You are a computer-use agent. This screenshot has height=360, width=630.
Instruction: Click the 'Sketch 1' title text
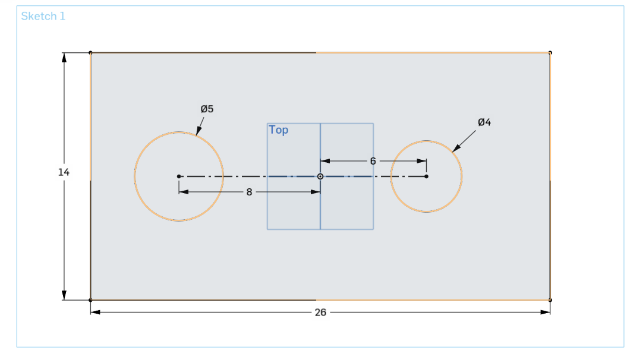click(x=43, y=16)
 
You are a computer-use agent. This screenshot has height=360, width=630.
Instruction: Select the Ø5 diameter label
click(x=207, y=109)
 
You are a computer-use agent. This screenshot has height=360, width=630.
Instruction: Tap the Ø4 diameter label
click(x=484, y=122)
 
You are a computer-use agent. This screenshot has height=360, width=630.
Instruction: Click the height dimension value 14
click(x=64, y=172)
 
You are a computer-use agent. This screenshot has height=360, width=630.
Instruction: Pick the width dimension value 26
click(x=320, y=312)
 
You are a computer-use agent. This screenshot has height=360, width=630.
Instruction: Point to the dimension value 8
click(x=250, y=192)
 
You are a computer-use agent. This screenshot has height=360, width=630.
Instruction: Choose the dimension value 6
click(x=373, y=161)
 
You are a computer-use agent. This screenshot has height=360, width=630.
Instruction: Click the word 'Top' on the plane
click(x=278, y=130)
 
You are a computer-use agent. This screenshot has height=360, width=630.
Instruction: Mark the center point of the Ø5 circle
click(x=179, y=176)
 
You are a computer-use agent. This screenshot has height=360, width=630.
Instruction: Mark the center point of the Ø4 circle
click(x=426, y=176)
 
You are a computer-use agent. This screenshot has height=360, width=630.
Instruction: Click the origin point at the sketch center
click(x=320, y=176)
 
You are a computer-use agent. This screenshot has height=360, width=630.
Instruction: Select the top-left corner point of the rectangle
click(x=90, y=53)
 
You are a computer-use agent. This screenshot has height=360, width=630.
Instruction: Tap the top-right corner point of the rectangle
click(x=550, y=53)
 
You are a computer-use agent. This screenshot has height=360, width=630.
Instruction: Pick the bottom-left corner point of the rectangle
click(x=90, y=300)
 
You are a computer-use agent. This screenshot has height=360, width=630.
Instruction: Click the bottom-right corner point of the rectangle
click(x=550, y=300)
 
